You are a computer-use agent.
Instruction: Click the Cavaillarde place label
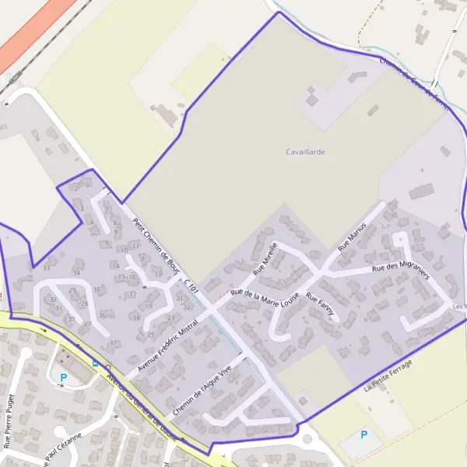(305, 153)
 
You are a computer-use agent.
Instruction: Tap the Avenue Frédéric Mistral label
(168, 339)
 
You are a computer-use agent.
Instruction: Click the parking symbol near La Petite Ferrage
(363, 434)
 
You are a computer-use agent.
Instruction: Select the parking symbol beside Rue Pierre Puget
(64, 378)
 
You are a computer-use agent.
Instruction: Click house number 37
(113, 343)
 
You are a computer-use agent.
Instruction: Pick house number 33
(47, 269)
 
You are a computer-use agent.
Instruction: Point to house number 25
(150, 335)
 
